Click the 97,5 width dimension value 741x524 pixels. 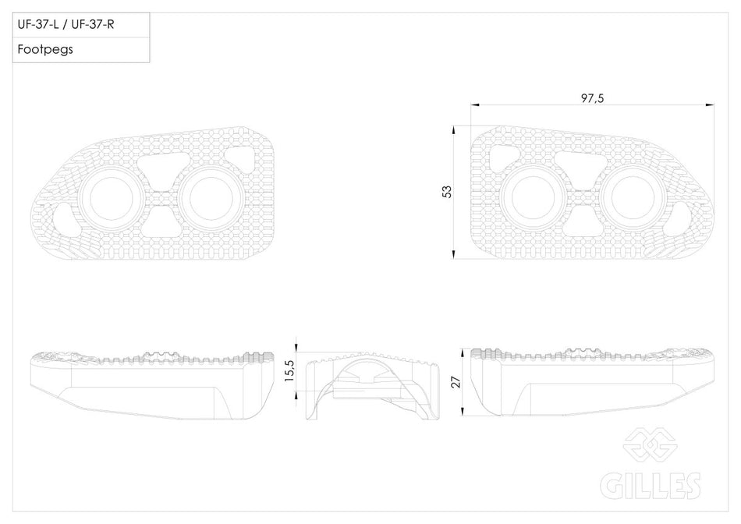point(592,98)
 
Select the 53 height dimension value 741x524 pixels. point(447,191)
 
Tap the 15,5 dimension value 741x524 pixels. point(289,371)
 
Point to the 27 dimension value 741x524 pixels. point(456,382)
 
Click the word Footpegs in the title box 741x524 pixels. point(45,49)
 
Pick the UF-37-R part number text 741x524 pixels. point(93,25)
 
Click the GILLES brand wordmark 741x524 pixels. point(651,485)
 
